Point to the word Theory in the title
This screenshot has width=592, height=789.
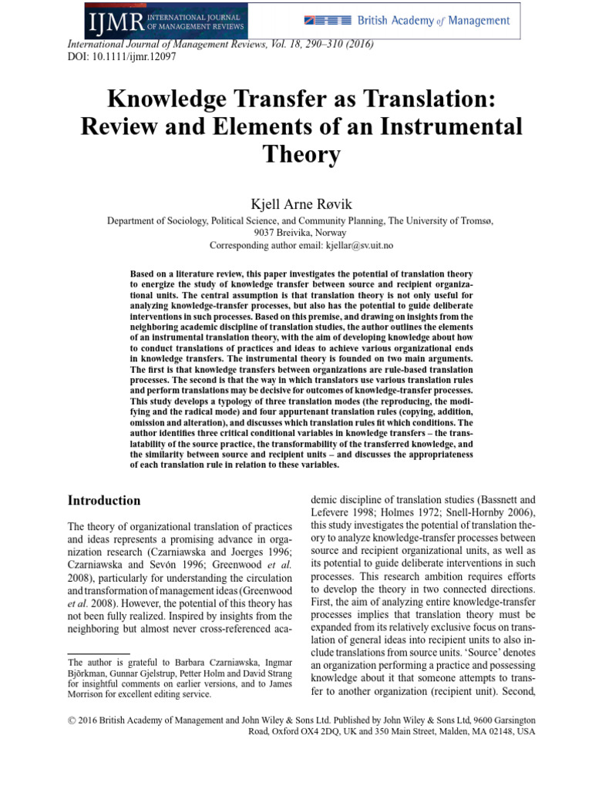[301, 155]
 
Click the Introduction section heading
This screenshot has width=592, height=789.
[106, 500]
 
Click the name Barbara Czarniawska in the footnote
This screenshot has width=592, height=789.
[221, 662]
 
